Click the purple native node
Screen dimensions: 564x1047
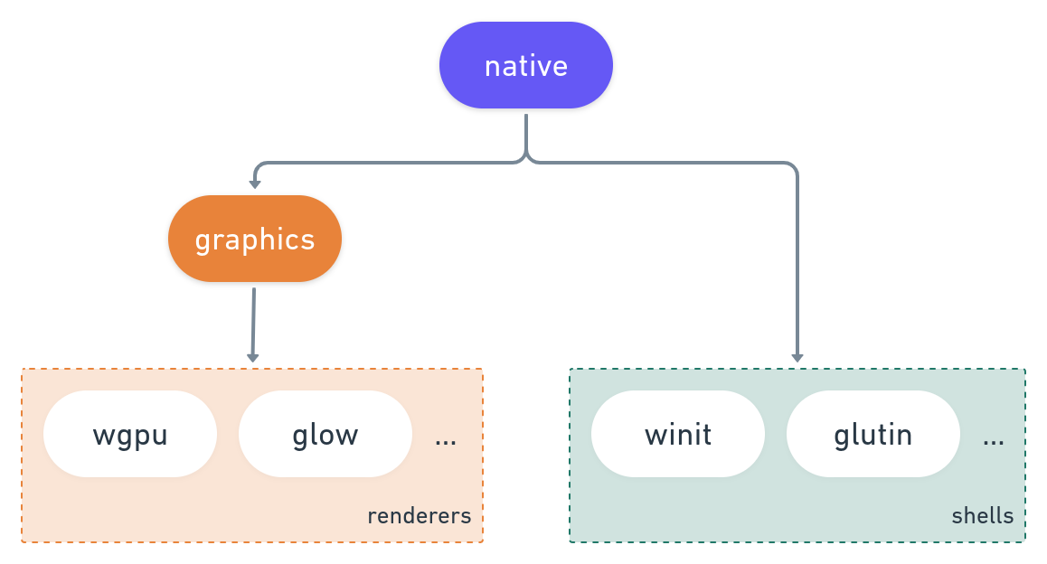[x=525, y=66]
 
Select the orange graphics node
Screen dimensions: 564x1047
[x=254, y=240]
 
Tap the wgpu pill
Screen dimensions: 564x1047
[x=130, y=435]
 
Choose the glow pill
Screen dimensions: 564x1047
[x=325, y=435]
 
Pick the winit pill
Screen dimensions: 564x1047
[x=678, y=435]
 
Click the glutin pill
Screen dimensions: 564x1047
[x=872, y=435]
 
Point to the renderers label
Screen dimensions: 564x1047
[x=419, y=516]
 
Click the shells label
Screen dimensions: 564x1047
[x=982, y=516]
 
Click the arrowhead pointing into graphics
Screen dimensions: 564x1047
[x=255, y=183]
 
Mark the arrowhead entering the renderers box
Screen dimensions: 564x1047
[x=253, y=357]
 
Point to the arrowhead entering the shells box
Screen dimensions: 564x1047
[x=797, y=357]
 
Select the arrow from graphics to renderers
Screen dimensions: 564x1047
[x=253, y=321]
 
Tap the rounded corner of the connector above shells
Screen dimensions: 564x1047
[x=793, y=167]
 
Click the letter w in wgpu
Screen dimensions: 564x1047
[x=101, y=436]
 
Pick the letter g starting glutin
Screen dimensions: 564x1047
[x=841, y=437]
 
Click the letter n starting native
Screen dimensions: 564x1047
[x=492, y=68]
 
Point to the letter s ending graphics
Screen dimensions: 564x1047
[x=308, y=241]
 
